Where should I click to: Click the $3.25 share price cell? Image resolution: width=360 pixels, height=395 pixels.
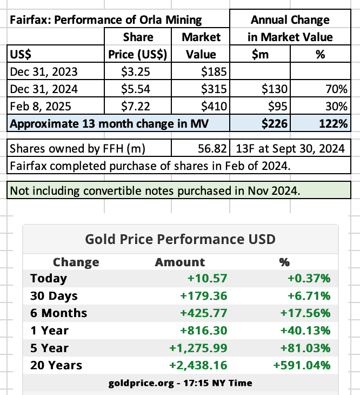click(x=135, y=71)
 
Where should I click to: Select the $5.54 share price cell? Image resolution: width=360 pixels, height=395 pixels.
click(x=135, y=89)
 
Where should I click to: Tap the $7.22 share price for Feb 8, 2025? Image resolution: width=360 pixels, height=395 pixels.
click(x=135, y=106)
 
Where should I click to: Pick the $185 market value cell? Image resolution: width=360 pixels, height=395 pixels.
click(x=214, y=71)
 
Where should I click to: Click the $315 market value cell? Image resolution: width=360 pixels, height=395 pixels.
click(x=214, y=89)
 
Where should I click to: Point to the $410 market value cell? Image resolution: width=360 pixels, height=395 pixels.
click(x=214, y=106)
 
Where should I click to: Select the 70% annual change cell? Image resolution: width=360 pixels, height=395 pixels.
click(x=336, y=89)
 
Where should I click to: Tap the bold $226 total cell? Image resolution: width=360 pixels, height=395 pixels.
click(x=275, y=123)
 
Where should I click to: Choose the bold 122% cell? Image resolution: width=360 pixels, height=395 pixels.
click(x=334, y=123)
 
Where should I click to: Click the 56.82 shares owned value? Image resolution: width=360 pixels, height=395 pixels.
click(x=212, y=148)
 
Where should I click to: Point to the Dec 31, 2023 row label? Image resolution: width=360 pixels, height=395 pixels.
click(x=44, y=71)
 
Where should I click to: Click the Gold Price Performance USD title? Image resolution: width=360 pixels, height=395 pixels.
click(x=180, y=239)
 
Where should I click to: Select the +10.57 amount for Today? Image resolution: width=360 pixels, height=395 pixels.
click(x=207, y=278)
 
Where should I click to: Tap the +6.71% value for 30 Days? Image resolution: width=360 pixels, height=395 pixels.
click(x=309, y=296)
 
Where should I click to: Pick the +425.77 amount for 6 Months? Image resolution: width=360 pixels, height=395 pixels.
click(x=204, y=313)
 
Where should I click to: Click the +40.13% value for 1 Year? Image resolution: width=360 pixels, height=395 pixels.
click(x=305, y=331)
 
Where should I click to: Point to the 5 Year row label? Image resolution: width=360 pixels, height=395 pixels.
click(x=49, y=348)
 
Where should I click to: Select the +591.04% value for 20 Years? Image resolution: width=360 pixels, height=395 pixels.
click(x=302, y=365)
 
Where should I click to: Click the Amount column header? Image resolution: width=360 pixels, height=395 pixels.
click(x=180, y=262)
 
